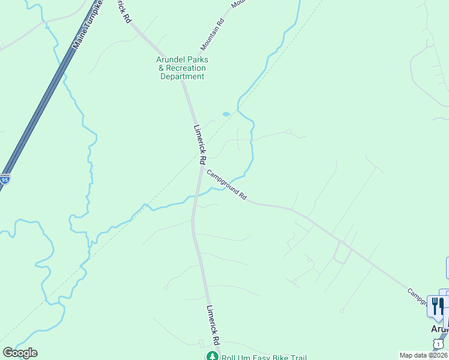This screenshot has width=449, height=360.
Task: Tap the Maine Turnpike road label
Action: [87, 24]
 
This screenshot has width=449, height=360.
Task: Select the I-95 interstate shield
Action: [4, 179]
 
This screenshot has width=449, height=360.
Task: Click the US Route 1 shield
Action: [439, 343]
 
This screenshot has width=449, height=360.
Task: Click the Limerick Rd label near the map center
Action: [200, 144]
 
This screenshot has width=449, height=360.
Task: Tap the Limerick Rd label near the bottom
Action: [212, 324]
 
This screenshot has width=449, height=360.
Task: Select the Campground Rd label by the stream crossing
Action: [227, 184]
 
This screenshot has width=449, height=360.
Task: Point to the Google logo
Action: [20, 353]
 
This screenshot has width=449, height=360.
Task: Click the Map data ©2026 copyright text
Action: [424, 355]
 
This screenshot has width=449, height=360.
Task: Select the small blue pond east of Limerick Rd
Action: [226, 113]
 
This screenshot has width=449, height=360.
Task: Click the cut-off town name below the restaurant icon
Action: [439, 329]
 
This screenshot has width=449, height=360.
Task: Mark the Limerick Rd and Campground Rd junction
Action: [200, 167]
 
